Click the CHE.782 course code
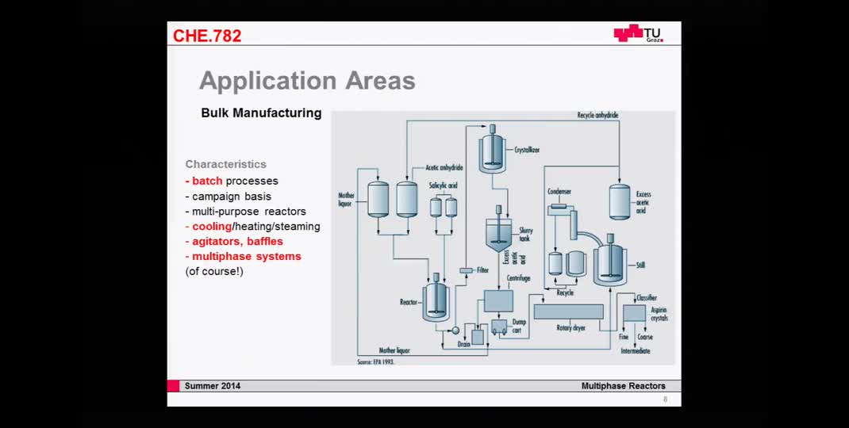pyautogui.click(x=207, y=36)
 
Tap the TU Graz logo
pyautogui.click(x=638, y=33)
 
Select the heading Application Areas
pyautogui.click(x=307, y=80)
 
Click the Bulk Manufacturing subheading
pyautogui.click(x=261, y=113)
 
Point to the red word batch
pyautogui.click(x=207, y=181)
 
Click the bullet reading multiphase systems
pyautogui.click(x=246, y=256)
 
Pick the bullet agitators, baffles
pyautogui.click(x=237, y=241)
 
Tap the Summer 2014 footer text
pyautogui.click(x=212, y=386)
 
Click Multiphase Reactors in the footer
pyautogui.click(x=623, y=386)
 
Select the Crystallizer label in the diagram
pyautogui.click(x=528, y=149)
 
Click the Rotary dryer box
pyautogui.click(x=568, y=311)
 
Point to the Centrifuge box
pyautogui.click(x=498, y=301)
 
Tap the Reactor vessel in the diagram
pyautogui.click(x=436, y=300)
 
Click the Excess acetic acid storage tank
pyautogui.click(x=620, y=201)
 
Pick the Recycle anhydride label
pyautogui.click(x=597, y=116)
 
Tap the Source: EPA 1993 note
pyautogui.click(x=375, y=361)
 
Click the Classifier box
pyautogui.click(x=634, y=313)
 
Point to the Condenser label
pyautogui.click(x=559, y=191)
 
